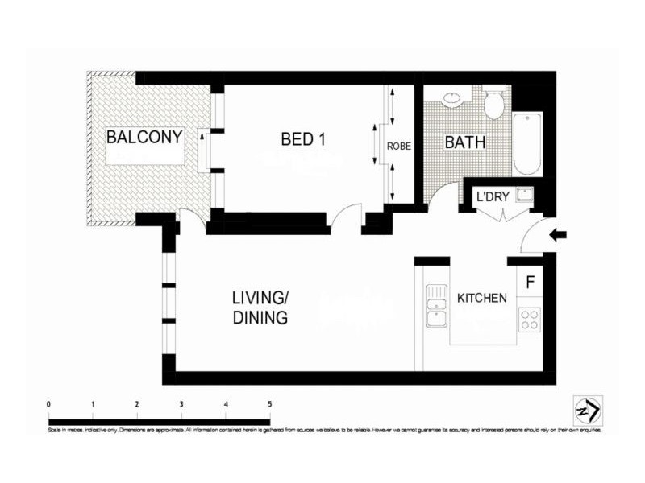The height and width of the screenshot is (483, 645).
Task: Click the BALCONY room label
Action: click(x=144, y=137)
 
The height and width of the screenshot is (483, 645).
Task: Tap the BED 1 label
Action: click(x=303, y=138)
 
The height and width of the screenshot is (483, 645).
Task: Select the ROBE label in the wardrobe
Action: click(x=399, y=147)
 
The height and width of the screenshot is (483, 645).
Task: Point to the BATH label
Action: click(x=465, y=142)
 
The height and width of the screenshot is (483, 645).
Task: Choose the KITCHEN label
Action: click(x=482, y=298)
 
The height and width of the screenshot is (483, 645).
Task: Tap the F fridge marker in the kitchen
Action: click(x=530, y=283)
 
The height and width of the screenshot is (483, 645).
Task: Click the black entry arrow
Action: click(x=558, y=235)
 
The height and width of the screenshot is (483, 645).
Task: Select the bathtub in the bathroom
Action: click(x=528, y=144)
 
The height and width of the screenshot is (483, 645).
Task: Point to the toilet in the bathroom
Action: click(x=493, y=103)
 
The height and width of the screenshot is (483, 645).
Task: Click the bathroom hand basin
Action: click(x=452, y=100)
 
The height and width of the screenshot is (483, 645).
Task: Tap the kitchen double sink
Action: click(x=435, y=306)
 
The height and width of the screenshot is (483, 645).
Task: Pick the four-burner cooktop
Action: click(x=529, y=320)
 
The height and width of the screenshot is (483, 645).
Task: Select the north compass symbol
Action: click(x=586, y=409)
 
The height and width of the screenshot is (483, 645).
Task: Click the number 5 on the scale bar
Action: click(x=269, y=404)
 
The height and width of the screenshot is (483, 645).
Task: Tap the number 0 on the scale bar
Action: click(x=49, y=404)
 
